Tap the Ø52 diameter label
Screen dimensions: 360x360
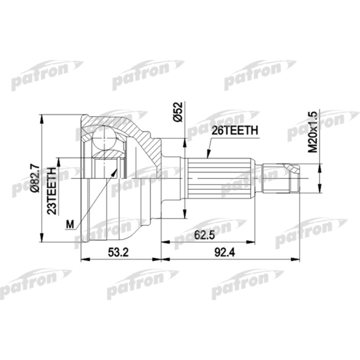[178, 112]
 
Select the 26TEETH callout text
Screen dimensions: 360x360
[235, 131]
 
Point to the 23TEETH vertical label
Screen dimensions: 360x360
[52, 191]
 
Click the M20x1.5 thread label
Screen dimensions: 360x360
[313, 132]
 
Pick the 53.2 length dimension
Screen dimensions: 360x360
[118, 253]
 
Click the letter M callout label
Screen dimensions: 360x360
[70, 224]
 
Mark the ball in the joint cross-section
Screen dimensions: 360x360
[104, 139]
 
